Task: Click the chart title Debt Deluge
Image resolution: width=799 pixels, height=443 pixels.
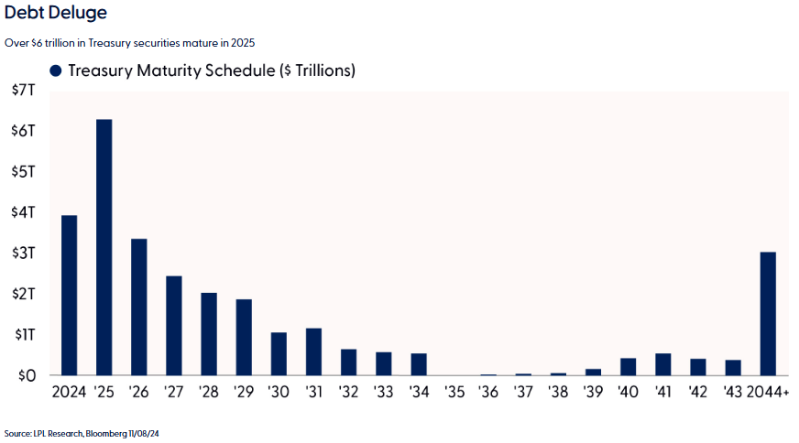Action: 55,13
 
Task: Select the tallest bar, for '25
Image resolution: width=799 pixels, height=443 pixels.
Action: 104,247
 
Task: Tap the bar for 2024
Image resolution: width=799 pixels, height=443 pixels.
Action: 69,295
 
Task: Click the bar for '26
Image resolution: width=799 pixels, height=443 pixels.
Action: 139,307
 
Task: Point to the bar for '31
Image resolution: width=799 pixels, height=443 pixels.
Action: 313,351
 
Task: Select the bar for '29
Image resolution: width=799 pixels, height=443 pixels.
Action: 244,337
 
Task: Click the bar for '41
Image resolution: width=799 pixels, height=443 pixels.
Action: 662,364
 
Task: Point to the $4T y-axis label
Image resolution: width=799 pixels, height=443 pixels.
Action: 23,212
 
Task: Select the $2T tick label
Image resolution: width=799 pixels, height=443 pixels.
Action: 23,294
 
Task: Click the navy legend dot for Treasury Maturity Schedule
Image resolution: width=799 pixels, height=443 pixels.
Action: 55,70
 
